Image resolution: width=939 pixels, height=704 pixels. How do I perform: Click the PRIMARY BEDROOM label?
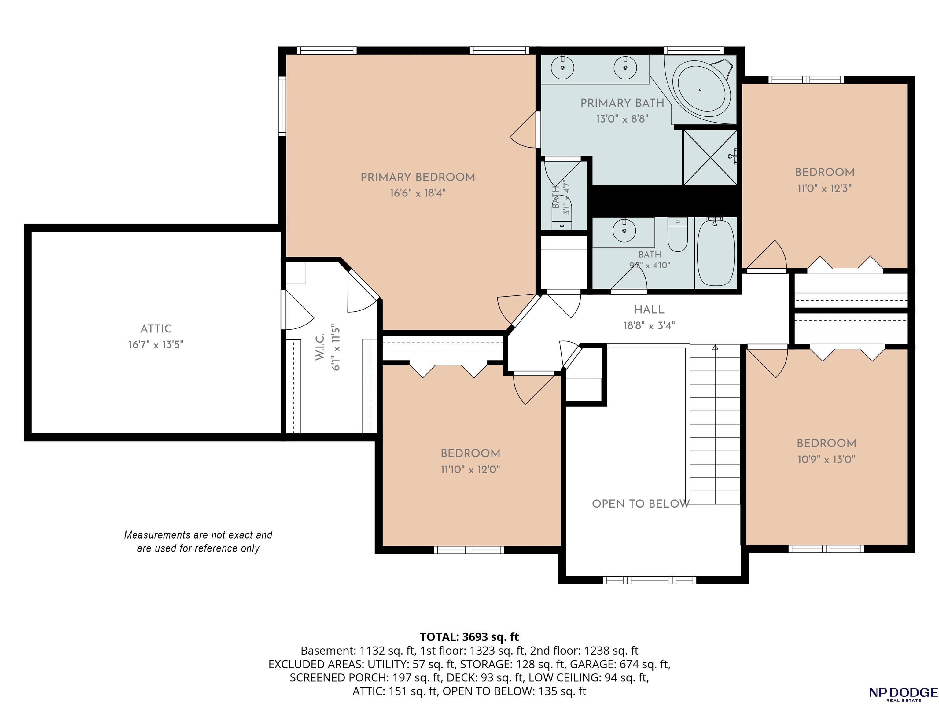click(418, 178)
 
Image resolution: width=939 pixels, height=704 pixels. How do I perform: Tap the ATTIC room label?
click(156, 329)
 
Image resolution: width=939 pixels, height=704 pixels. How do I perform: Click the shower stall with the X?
click(710, 157)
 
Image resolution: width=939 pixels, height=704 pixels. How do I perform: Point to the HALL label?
click(649, 310)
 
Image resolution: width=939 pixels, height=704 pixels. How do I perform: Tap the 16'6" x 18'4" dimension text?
click(418, 193)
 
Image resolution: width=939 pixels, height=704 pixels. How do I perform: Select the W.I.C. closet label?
click(320, 347)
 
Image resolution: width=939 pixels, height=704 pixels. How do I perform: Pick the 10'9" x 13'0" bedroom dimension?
click(826, 460)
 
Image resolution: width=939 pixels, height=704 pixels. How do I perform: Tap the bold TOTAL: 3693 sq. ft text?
click(469, 637)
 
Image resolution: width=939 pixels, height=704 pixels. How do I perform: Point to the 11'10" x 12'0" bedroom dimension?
click(470, 470)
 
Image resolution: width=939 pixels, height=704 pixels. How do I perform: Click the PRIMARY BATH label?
click(622, 103)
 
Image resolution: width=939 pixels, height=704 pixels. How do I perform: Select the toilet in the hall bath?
click(678, 235)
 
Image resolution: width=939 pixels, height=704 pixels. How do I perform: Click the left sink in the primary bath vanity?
click(562, 68)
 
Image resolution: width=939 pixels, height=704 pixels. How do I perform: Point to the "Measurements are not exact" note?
click(198, 541)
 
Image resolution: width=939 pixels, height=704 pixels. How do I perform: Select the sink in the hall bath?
click(624, 230)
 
